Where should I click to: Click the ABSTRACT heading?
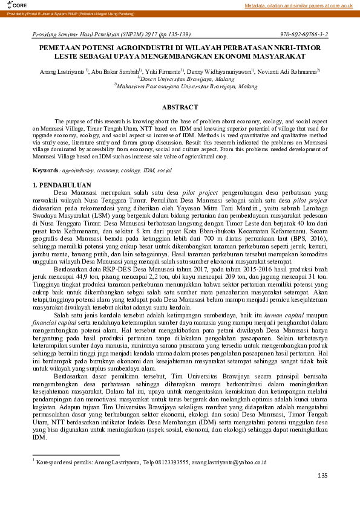tap(180, 107)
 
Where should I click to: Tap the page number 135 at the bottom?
tap(322, 476)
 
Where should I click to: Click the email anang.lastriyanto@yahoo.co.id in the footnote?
tap(228, 462)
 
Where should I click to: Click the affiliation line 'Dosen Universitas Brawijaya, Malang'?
tap(179, 79)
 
